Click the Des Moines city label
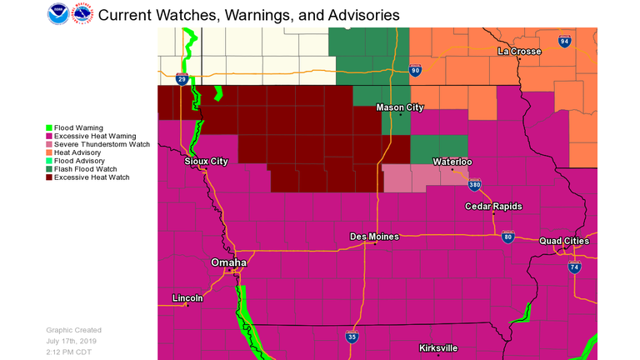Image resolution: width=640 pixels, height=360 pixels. point(373,237)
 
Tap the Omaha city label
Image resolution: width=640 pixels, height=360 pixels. point(228,262)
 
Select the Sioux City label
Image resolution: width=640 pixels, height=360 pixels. point(206,161)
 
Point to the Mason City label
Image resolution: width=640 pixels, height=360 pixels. point(400,107)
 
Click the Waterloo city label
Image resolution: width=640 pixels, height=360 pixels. point(452,162)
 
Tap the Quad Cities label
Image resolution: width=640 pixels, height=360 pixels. point(564,241)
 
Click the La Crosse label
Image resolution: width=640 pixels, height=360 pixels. point(520,52)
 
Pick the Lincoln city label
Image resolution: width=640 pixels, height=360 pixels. point(187,297)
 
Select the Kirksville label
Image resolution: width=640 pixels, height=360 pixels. point(439,347)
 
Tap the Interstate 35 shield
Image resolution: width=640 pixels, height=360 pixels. point(353,337)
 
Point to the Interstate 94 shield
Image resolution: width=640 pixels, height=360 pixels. point(565,41)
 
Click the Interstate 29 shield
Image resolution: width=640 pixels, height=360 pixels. point(182,79)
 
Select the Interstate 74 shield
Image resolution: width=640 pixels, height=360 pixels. point(574,267)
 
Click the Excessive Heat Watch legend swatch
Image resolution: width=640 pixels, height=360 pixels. point(49,177)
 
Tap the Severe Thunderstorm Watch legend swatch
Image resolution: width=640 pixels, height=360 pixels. point(49,144)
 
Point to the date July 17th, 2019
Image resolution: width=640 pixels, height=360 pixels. point(73,340)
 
